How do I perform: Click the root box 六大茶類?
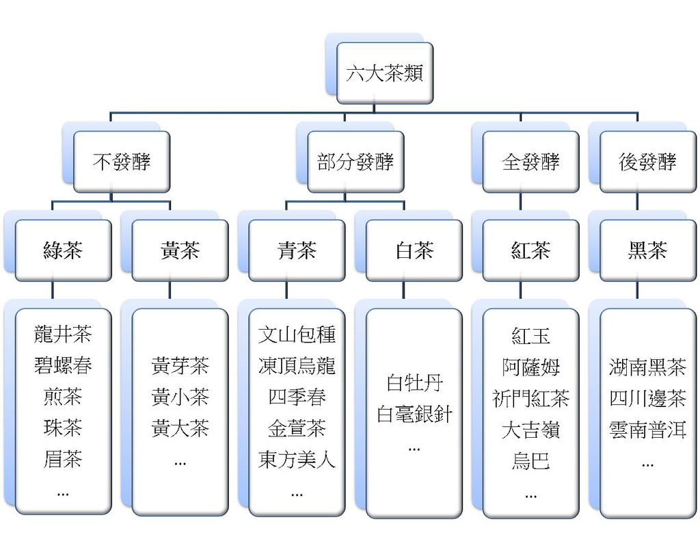click(384, 73)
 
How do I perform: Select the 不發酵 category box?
click(122, 161)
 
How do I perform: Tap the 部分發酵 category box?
click(355, 161)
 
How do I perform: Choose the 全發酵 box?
click(530, 161)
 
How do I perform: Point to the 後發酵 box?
click(647, 161)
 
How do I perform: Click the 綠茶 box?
click(63, 250)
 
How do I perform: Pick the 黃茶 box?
click(180, 250)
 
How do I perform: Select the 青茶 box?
click(297, 250)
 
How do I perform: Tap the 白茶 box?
click(414, 250)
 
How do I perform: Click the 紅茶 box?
click(530, 250)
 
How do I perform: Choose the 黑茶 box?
click(647, 250)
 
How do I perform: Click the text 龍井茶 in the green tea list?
click(63, 334)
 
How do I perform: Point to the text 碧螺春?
click(63, 365)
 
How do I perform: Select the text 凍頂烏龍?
click(297, 366)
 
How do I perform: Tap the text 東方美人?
click(297, 460)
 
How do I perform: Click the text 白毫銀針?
click(414, 414)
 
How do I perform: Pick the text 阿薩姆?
click(530, 367)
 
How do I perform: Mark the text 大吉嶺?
click(530, 430)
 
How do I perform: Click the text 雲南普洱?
click(647, 430)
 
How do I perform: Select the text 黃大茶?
click(180, 429)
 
